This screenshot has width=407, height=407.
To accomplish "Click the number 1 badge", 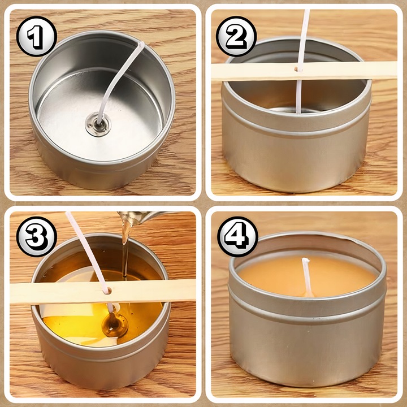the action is pos(37,36).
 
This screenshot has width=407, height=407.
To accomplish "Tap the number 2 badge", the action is pos(236,36).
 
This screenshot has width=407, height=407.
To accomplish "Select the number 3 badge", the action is pos(37,237).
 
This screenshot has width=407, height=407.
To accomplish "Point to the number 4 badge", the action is pos(237,237).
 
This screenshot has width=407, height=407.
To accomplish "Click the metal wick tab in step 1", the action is pos(98,124).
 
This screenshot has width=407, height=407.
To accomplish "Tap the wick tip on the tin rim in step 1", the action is pos(141,45).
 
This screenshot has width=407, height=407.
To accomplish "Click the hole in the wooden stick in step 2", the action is pos(296,70).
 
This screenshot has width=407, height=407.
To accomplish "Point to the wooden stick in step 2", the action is pos(304,71).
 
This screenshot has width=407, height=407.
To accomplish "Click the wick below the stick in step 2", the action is pos(298,97).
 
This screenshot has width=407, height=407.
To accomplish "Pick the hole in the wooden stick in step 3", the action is pos(107,291).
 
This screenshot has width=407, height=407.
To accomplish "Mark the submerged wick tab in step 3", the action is pos(115,324).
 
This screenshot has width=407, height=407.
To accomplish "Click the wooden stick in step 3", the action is pos(103,291).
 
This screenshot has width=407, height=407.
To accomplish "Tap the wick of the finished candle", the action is pos(307,276).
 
